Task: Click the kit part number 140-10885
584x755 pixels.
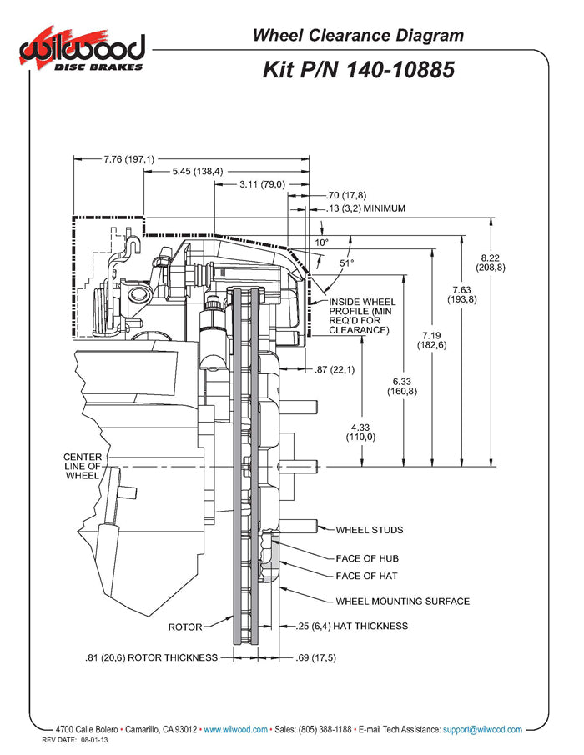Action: [359, 69]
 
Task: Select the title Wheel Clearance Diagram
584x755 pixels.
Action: [358, 35]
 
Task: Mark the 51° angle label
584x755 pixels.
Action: [346, 262]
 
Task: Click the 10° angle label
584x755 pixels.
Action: [321, 242]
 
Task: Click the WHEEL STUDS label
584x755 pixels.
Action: [369, 529]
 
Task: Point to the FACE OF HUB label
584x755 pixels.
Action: [366, 558]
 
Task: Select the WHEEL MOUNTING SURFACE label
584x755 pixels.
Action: [402, 601]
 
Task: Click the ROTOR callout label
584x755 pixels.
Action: [185, 627]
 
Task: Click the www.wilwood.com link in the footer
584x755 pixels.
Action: [236, 729]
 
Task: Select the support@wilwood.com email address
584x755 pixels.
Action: [482, 729]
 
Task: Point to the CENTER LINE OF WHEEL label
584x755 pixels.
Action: [82, 467]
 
